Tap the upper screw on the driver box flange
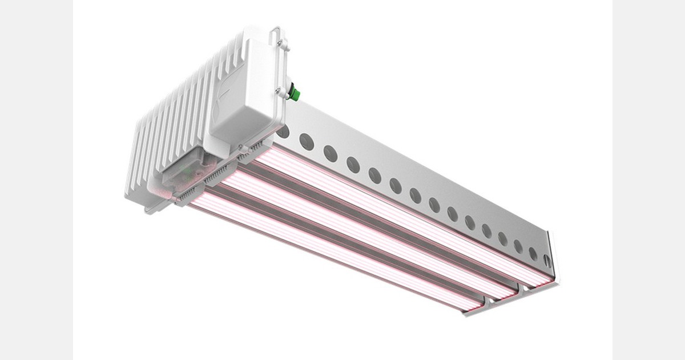point(280,43)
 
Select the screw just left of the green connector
point(280,91)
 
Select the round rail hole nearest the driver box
point(284,132)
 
